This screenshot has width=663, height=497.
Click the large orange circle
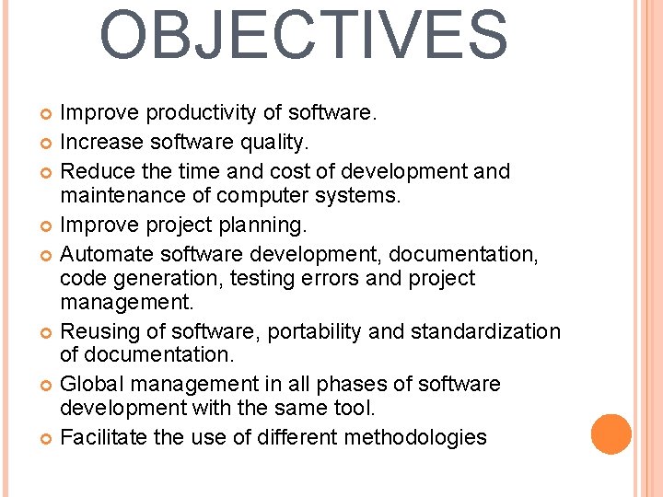click(x=611, y=434)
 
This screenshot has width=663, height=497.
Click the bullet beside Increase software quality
click(x=48, y=144)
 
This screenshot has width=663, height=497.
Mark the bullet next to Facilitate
click(x=48, y=438)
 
